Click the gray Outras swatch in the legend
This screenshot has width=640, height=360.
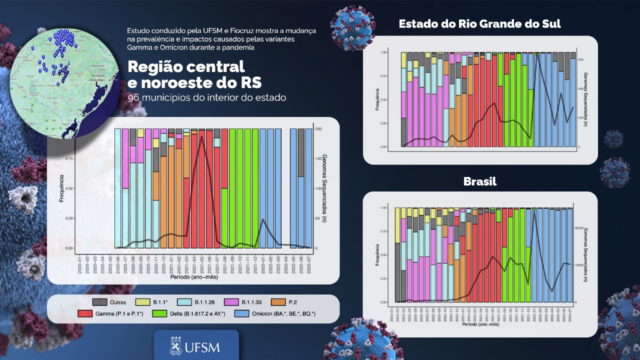pos(99,302)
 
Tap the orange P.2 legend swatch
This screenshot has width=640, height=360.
pos(278,302)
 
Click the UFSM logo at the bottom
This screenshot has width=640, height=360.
pos(196,346)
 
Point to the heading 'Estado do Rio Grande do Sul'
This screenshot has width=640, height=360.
pos(479,23)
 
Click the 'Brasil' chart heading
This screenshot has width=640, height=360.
pos(479,181)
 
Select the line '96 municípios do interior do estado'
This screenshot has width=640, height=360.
pos(207,97)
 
